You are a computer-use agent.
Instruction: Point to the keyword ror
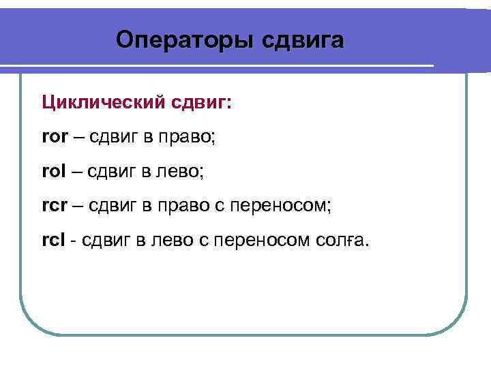pos(54,137)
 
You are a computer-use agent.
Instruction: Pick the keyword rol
pos(53,171)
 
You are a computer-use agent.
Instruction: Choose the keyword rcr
pos(54,205)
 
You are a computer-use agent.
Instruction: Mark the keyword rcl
pos(53,239)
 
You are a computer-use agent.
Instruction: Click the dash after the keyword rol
pos(76,171)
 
